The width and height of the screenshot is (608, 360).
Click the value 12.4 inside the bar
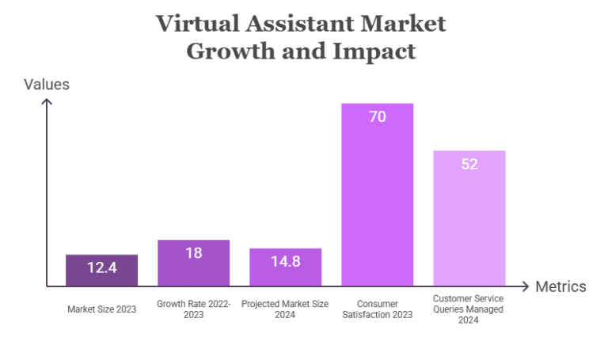pos(101,267)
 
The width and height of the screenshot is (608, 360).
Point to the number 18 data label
pos(193,253)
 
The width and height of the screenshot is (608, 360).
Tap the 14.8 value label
pos(285,261)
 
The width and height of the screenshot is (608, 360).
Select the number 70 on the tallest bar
pos(377,117)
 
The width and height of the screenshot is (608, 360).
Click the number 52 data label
pos(469,164)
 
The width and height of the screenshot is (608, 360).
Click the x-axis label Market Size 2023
pos(101,309)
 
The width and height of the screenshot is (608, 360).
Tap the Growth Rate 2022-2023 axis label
pos(193,309)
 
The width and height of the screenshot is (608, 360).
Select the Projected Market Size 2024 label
pos(285,309)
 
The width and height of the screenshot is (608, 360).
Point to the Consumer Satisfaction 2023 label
pos(377,309)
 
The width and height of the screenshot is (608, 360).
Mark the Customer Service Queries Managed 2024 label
pos(469,309)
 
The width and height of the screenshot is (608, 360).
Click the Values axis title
pos(47,84)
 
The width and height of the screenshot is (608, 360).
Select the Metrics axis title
pos(560,286)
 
